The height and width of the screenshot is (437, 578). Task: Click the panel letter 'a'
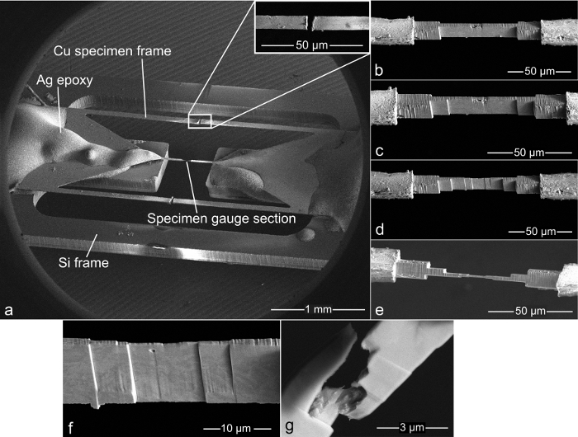coord(9,310)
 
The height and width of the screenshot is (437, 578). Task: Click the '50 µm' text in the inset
coord(310,40)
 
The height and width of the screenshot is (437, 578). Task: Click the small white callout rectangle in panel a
coord(200,121)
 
